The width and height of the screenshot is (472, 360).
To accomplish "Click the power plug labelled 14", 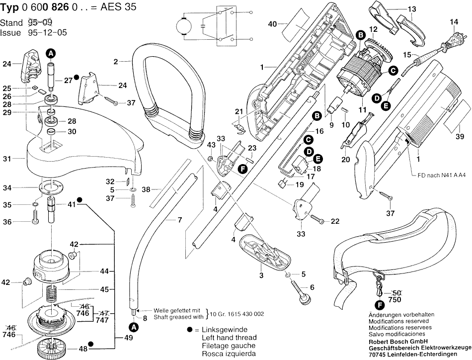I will click(452, 38).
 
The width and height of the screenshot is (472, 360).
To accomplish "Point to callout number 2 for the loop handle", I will click(115, 62).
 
